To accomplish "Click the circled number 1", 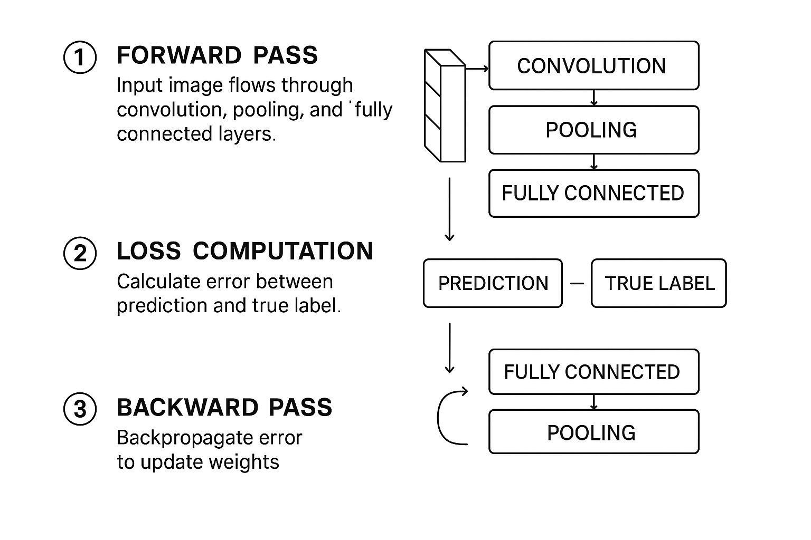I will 80,57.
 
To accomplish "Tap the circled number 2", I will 80,253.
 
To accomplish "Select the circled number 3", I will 80,409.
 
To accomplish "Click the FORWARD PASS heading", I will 217,55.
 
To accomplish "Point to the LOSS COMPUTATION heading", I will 244,251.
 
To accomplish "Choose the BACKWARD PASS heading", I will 224,408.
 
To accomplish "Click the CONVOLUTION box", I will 593,66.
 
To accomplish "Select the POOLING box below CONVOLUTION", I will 593,130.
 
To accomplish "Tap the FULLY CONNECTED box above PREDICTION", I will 593,193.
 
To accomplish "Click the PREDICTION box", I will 493,283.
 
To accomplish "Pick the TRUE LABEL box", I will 658,283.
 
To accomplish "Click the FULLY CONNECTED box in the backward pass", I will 593,372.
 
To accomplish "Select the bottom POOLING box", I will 593,432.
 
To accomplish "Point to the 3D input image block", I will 445,105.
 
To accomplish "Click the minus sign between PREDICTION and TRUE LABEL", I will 577,283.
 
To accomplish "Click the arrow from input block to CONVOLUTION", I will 477,69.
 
